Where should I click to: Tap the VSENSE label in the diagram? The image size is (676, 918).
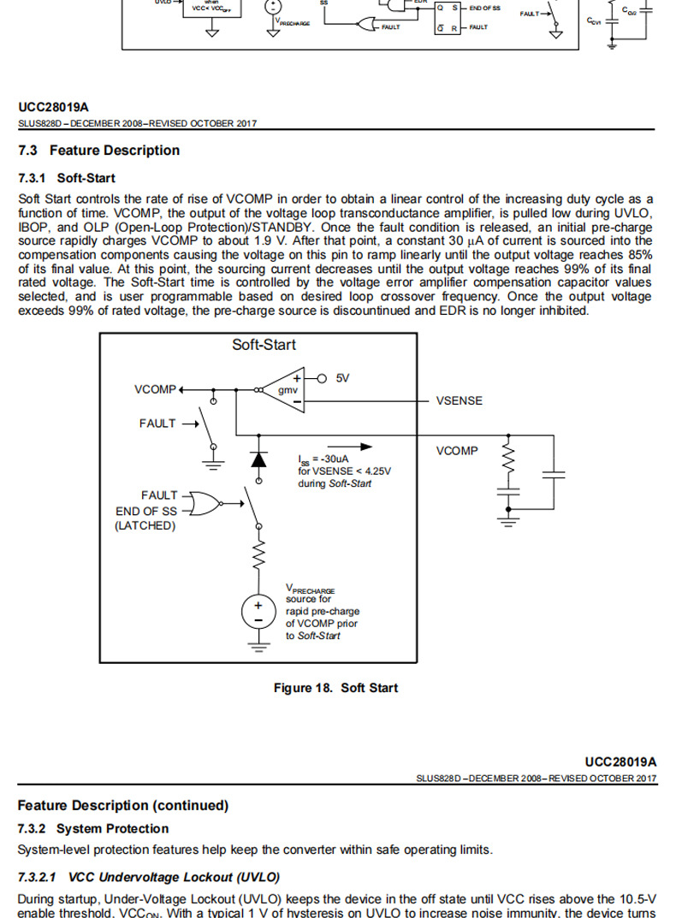coord(459,400)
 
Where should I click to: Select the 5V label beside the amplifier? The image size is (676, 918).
coord(342,378)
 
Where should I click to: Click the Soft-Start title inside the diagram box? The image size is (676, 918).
coord(264,345)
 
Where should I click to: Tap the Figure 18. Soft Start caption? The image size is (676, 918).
coord(335,688)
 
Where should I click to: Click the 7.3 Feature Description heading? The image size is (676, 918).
coord(98,151)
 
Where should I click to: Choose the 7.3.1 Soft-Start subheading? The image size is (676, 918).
coord(66,178)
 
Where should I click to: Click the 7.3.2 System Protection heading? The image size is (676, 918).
coord(93,828)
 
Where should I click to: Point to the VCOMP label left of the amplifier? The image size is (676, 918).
coord(155,389)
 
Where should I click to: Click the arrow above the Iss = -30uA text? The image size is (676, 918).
coord(352,446)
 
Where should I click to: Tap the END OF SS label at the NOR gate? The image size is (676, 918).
coord(146,511)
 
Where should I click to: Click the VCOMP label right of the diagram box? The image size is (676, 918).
coord(457,451)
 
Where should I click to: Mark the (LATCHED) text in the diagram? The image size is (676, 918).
coord(145,525)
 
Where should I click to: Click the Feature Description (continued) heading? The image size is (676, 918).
coord(123,805)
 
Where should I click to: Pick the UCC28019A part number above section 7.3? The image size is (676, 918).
coord(53,107)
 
